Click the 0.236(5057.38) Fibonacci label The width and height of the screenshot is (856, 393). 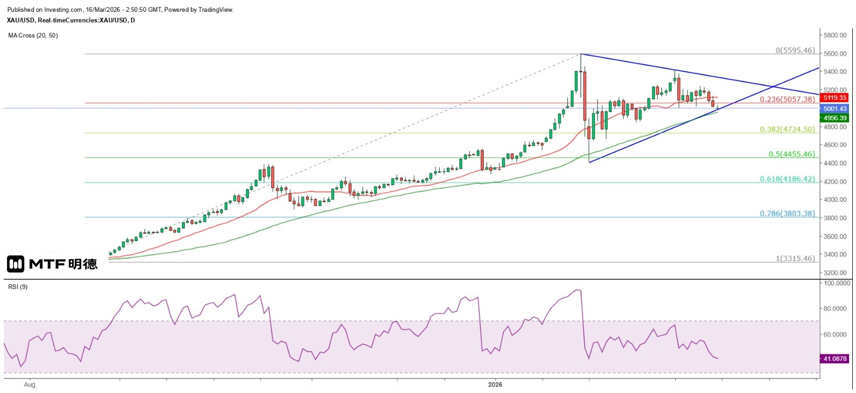[787, 99]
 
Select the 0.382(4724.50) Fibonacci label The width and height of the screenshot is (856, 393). [787, 130]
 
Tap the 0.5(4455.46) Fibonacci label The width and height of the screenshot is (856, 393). [792, 154]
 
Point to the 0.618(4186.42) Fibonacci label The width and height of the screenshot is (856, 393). [787, 179]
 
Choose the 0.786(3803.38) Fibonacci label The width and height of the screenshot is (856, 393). [787, 214]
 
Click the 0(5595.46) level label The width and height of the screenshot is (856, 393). [795, 50]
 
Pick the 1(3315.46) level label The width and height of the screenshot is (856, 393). [795, 259]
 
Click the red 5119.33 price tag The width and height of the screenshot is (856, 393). [834, 98]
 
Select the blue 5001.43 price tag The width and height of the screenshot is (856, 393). [834, 109]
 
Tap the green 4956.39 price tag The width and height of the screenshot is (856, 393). [834, 118]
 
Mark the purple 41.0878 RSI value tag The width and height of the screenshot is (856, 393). [834, 359]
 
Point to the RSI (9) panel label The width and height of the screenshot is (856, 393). [18, 287]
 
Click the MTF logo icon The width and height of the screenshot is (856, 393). [16, 264]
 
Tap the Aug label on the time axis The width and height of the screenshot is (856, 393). [29, 384]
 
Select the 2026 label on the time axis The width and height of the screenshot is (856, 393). [495, 384]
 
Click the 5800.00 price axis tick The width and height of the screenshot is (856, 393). [835, 35]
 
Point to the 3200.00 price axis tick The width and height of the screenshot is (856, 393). [835, 273]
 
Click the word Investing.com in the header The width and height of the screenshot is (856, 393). [63, 10]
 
